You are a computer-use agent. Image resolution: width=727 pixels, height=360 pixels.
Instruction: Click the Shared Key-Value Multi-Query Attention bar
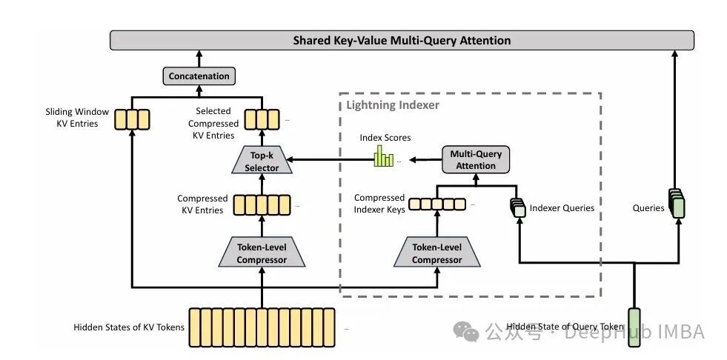[x=402, y=40]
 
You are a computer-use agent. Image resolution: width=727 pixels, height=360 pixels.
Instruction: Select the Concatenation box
[x=199, y=76]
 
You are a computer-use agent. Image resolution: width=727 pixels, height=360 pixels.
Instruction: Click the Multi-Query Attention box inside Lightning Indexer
[x=476, y=160]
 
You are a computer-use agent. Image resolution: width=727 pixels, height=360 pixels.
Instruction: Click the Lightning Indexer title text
[x=393, y=105]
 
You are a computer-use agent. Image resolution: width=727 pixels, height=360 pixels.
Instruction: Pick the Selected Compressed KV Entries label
[x=213, y=123]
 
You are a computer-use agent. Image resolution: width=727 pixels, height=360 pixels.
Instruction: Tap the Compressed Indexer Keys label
[x=379, y=204]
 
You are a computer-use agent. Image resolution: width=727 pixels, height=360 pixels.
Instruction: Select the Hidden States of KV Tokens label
[x=129, y=327]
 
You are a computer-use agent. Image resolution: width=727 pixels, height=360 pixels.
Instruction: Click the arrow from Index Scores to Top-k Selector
[x=329, y=159]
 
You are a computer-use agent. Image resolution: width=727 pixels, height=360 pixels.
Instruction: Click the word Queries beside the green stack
[x=648, y=208]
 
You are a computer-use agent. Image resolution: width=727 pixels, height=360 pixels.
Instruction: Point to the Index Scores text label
[x=385, y=138]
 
